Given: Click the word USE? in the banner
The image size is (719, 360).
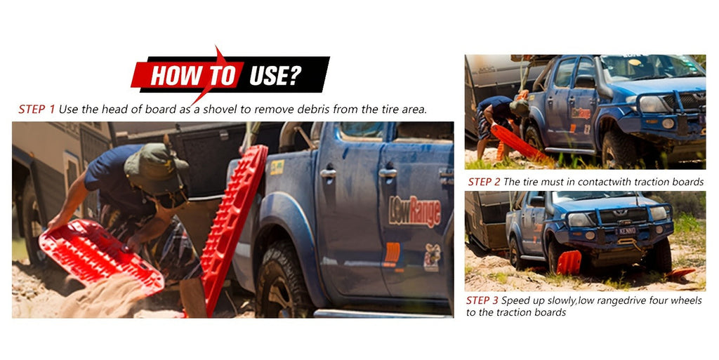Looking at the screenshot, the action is point(275,76).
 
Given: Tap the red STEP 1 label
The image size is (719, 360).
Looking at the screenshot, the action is point(37,109).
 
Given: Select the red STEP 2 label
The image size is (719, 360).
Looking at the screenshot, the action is point(484,182).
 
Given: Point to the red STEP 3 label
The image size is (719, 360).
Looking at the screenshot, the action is point(482,300).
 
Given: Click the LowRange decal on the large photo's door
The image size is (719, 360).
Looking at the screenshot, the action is point(415,211).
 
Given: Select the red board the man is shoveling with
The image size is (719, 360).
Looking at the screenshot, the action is point(100,257).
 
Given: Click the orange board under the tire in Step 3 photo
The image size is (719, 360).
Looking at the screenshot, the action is point(569,262).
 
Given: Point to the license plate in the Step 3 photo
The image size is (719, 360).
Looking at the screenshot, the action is point(627,231).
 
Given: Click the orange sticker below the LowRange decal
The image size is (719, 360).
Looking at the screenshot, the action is point(392,253).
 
